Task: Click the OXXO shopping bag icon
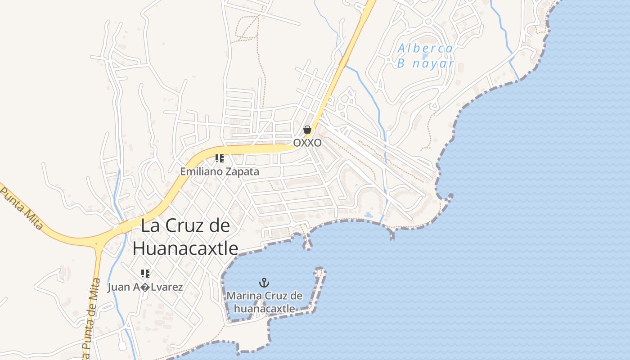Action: point(307,130)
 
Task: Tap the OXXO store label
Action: point(307,143)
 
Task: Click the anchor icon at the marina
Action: point(264,283)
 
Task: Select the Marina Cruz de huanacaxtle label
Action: point(265,302)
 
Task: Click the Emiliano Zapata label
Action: point(220,171)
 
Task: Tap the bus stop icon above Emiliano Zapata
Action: point(220,158)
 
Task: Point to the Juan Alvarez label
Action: point(145,287)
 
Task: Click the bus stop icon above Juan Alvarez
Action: point(145,273)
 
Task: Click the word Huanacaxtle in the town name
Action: point(185,248)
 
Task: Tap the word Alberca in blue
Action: point(425,48)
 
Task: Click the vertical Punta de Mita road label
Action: point(90,315)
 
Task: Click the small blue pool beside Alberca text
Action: point(426,56)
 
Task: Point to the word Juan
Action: point(118,287)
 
